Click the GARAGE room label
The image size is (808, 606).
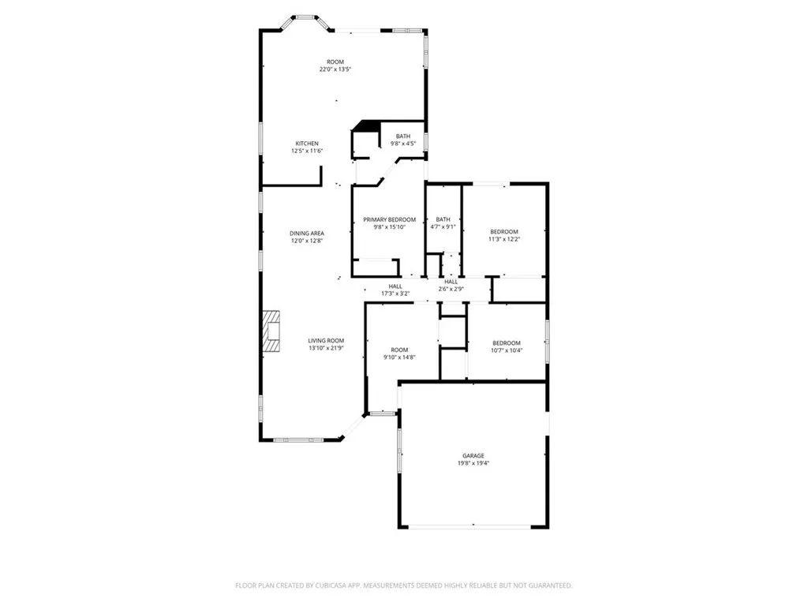point(473,455)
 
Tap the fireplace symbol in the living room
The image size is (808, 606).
point(271,330)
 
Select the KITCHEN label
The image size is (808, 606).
point(307,144)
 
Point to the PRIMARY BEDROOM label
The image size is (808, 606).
point(389,219)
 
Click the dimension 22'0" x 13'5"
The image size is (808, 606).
point(335,69)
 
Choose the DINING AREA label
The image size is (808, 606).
point(307,234)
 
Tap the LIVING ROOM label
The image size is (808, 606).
point(326,341)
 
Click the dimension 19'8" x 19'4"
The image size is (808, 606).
point(473,463)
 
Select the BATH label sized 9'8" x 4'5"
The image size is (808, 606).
point(403,137)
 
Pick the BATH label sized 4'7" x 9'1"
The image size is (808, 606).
point(443,219)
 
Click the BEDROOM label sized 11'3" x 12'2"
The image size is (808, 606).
point(504,231)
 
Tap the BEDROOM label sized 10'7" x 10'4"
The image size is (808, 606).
point(507,342)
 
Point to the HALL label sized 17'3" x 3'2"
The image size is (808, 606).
point(395,286)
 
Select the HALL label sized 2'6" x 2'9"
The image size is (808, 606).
point(451,282)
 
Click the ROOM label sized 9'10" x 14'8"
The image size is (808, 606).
point(399,350)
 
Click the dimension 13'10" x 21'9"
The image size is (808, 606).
point(326,348)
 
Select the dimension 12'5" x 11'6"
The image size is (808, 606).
point(307,151)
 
